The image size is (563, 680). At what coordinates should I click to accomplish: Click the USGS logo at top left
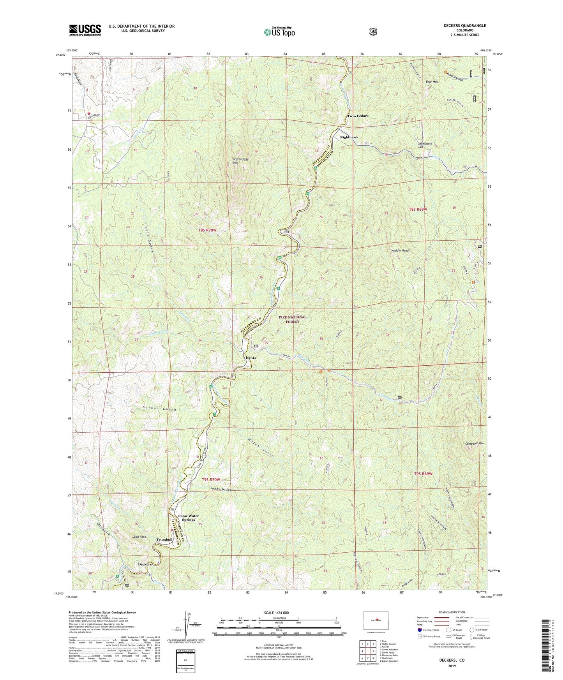[85, 30]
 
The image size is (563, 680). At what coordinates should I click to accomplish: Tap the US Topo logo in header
[279, 32]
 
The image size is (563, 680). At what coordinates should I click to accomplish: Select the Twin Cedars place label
[358, 116]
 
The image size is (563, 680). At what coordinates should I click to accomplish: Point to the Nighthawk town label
[349, 137]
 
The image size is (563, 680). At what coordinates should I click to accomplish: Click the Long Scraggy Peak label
[240, 161]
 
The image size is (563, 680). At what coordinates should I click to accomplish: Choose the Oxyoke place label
[250, 358]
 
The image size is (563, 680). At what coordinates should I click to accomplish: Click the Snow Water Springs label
[189, 518]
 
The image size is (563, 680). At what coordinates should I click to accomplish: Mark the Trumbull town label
[164, 539]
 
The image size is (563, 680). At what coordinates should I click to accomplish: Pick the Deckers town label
[145, 564]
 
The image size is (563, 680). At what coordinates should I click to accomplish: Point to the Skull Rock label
[139, 537]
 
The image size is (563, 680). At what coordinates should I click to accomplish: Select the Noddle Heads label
[400, 250]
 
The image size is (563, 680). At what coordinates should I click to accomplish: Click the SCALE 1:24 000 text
[276, 613]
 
